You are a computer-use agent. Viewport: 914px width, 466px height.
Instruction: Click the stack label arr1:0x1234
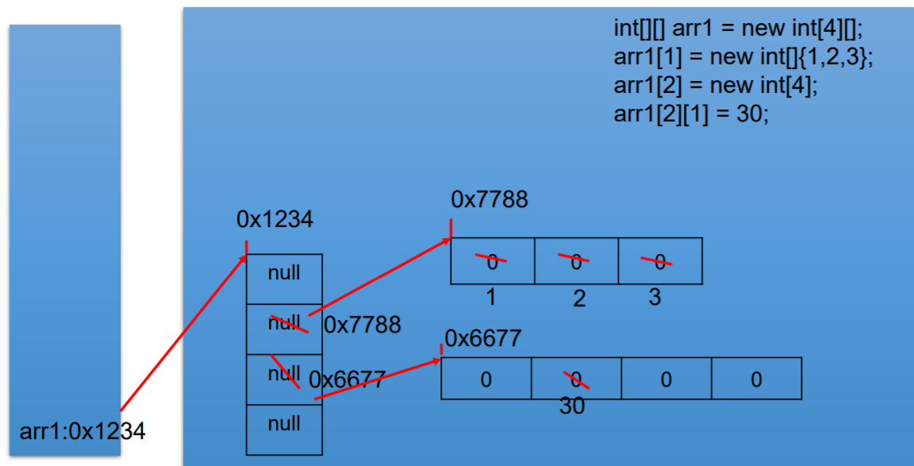click(x=83, y=432)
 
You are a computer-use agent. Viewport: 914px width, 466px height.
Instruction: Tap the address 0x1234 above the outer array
click(x=275, y=220)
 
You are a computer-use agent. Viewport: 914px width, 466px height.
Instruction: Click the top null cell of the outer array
click(x=284, y=274)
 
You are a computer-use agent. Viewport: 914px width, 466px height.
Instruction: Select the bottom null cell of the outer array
click(x=284, y=425)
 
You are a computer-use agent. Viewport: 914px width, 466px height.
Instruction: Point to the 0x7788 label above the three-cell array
click(x=489, y=200)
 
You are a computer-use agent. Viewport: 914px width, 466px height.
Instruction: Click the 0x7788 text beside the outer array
click(x=362, y=325)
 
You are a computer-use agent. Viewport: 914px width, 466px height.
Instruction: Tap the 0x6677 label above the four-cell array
click(x=483, y=340)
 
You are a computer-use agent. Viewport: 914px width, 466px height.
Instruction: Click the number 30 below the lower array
click(x=572, y=406)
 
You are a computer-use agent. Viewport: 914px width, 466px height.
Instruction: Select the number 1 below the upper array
click(x=491, y=298)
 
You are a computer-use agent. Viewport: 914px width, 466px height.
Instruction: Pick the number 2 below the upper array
click(x=579, y=299)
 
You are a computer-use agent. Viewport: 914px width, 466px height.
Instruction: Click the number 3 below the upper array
click(x=654, y=298)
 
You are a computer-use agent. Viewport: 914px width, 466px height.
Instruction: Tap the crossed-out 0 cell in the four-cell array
click(x=576, y=379)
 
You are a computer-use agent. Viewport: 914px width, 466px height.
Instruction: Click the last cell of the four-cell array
click(x=756, y=379)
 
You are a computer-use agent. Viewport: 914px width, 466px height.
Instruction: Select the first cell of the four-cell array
click(x=486, y=379)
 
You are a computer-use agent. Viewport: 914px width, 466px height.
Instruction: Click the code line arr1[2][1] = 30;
click(x=691, y=114)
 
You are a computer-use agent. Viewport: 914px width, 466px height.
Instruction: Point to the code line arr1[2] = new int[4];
click(x=715, y=86)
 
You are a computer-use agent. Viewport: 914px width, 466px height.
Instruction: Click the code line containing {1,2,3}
click(x=743, y=57)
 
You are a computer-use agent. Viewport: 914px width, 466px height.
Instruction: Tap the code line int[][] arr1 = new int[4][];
click(x=738, y=29)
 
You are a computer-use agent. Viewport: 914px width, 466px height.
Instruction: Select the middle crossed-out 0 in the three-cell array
click(x=576, y=260)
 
